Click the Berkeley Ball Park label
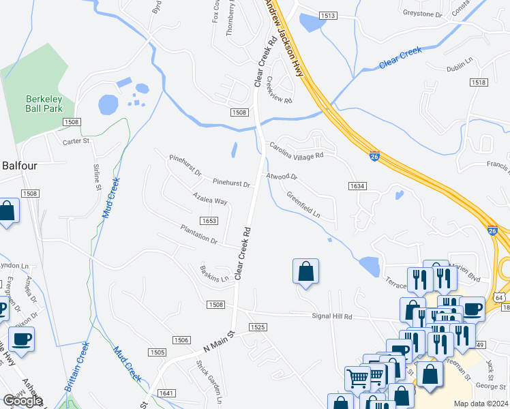44,103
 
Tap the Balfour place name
18,165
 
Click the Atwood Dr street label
282,177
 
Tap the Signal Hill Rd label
332,316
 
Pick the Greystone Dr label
422,13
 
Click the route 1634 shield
357,185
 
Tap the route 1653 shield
209,220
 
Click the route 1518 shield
478,82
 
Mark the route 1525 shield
257,327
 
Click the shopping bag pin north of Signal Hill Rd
306,271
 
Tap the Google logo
22,402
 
